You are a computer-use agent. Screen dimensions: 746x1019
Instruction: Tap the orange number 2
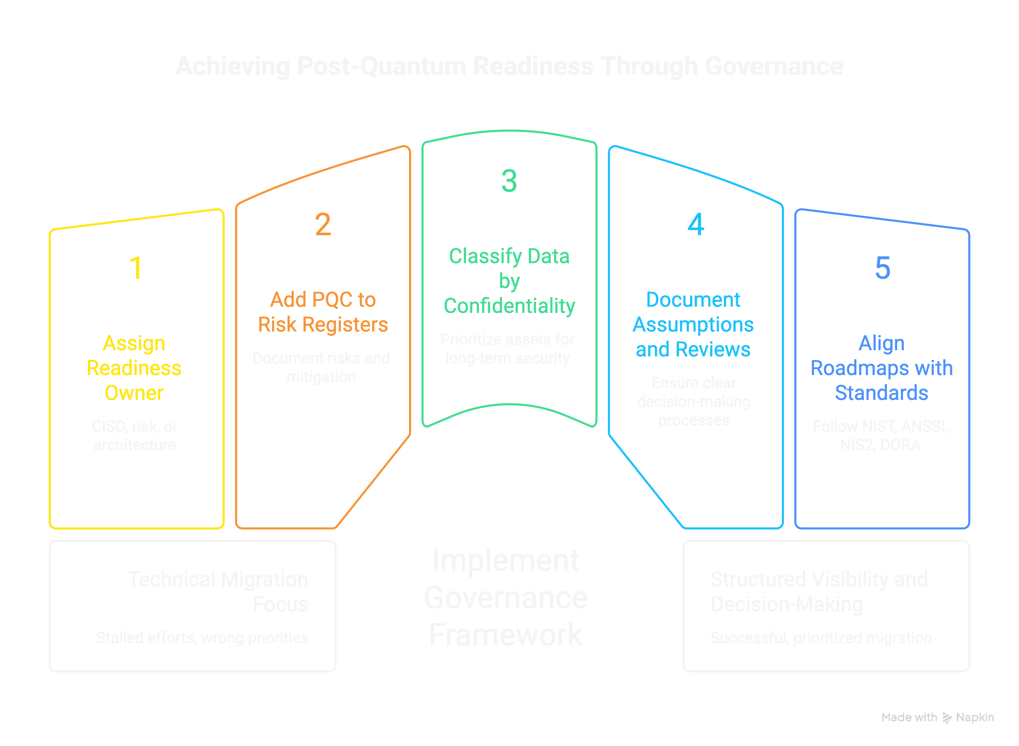point(323,224)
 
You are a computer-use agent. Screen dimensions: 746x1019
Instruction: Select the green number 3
point(509,181)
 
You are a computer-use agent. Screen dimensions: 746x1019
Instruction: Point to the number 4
point(696,224)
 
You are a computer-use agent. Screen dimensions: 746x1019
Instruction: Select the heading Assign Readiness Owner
point(134,368)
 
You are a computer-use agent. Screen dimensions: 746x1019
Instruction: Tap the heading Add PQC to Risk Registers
point(323,312)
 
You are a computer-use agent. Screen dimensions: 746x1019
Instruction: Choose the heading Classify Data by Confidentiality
point(509,281)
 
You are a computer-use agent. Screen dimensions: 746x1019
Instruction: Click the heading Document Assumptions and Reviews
point(693,324)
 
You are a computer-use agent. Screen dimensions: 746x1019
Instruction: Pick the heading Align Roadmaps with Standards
point(881,368)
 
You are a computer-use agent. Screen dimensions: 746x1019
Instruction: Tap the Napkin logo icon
point(947,718)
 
